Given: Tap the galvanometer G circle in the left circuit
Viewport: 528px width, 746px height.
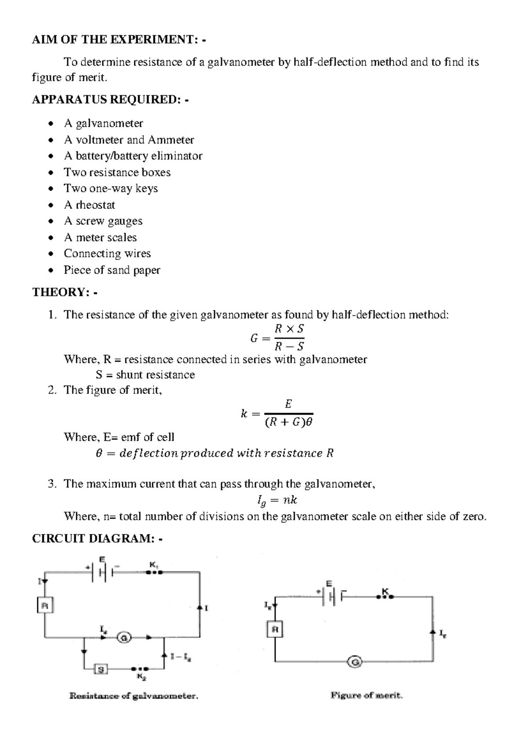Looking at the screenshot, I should [x=124, y=637].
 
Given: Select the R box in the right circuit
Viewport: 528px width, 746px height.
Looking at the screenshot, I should [x=275, y=629].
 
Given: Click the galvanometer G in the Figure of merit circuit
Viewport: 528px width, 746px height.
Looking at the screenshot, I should [x=355, y=662].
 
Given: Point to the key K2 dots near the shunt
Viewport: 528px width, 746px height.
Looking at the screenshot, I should [x=140, y=669].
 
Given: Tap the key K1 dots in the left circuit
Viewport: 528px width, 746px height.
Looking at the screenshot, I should [x=154, y=572].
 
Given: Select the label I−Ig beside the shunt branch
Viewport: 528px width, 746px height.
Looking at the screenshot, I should [x=181, y=657].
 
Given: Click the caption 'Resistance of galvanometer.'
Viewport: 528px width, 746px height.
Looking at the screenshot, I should [x=134, y=696].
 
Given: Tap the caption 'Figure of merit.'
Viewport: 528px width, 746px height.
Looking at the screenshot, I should [x=367, y=696].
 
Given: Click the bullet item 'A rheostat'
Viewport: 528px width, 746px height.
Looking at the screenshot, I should [x=89, y=205].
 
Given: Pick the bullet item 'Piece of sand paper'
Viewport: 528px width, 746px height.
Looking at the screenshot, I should [x=112, y=270].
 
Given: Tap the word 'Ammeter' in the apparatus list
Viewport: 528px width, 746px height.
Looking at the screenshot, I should [x=171, y=140].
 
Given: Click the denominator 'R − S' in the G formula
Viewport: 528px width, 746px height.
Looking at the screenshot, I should [x=289, y=347].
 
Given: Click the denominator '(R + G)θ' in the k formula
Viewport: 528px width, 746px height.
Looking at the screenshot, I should [x=288, y=423].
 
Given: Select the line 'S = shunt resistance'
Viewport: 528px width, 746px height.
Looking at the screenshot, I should [x=145, y=375].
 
